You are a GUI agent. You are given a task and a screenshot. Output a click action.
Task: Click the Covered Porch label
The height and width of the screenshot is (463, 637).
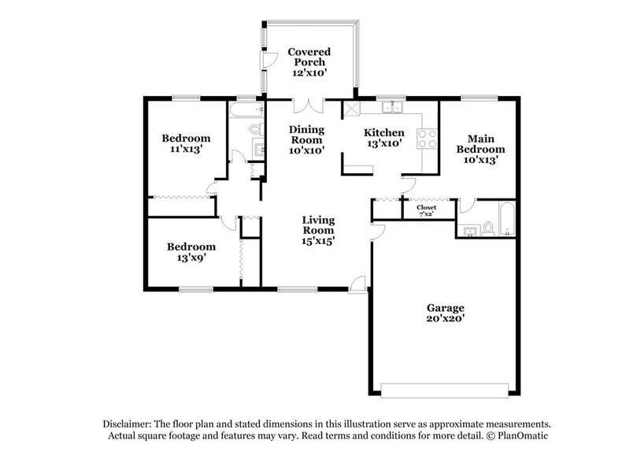point(309,62)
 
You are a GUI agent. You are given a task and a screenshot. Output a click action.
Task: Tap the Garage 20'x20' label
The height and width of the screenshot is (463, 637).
point(446,313)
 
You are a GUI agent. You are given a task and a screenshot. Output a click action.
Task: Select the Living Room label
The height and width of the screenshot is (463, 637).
point(319,230)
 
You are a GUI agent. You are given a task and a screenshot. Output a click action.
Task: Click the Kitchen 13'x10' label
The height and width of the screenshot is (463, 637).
point(383,138)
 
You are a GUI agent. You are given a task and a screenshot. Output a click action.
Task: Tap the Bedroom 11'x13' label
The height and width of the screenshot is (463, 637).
point(186,143)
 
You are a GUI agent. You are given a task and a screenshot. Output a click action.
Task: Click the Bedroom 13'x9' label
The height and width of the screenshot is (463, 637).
point(191,252)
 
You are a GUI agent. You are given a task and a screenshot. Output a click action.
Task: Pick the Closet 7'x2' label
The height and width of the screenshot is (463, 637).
point(426,210)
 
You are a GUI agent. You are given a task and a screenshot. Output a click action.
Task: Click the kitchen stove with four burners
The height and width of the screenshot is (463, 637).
point(427,139)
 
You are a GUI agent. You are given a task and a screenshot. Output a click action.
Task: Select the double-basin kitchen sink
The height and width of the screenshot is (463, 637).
point(390,107)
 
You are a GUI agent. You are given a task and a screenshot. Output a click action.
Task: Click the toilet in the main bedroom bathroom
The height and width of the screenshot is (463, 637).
point(488,228)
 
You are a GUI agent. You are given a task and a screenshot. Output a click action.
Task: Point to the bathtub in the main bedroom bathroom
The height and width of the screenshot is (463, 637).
point(508,220)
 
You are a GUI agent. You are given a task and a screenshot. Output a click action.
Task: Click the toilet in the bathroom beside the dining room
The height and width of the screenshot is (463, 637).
point(254,129)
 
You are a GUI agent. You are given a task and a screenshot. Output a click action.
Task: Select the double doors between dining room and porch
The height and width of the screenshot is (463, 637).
point(307,105)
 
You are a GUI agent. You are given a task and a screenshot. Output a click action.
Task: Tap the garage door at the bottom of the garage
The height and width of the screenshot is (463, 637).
point(445,389)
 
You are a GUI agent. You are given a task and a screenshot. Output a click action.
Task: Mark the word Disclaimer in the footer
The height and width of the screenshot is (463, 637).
point(130,423)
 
